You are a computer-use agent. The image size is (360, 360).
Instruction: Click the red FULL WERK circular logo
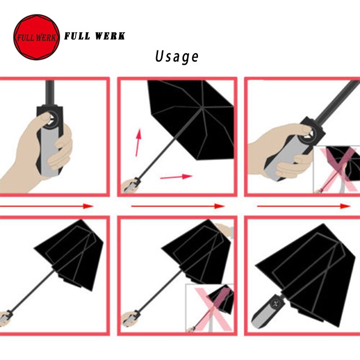click(36, 37)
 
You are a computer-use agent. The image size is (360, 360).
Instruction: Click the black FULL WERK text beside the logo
click(94, 36)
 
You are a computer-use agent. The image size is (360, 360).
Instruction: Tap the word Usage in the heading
click(176, 57)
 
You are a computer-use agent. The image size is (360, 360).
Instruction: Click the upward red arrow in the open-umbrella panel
click(138, 143)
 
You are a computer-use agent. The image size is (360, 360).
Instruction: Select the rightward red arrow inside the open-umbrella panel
click(176, 177)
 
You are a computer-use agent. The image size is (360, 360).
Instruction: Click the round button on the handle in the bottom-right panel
click(276, 304)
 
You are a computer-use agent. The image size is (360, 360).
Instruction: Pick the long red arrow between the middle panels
click(177, 206)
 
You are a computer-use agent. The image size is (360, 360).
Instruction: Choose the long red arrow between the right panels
click(303, 206)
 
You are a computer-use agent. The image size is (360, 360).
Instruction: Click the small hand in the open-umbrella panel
click(130, 186)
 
